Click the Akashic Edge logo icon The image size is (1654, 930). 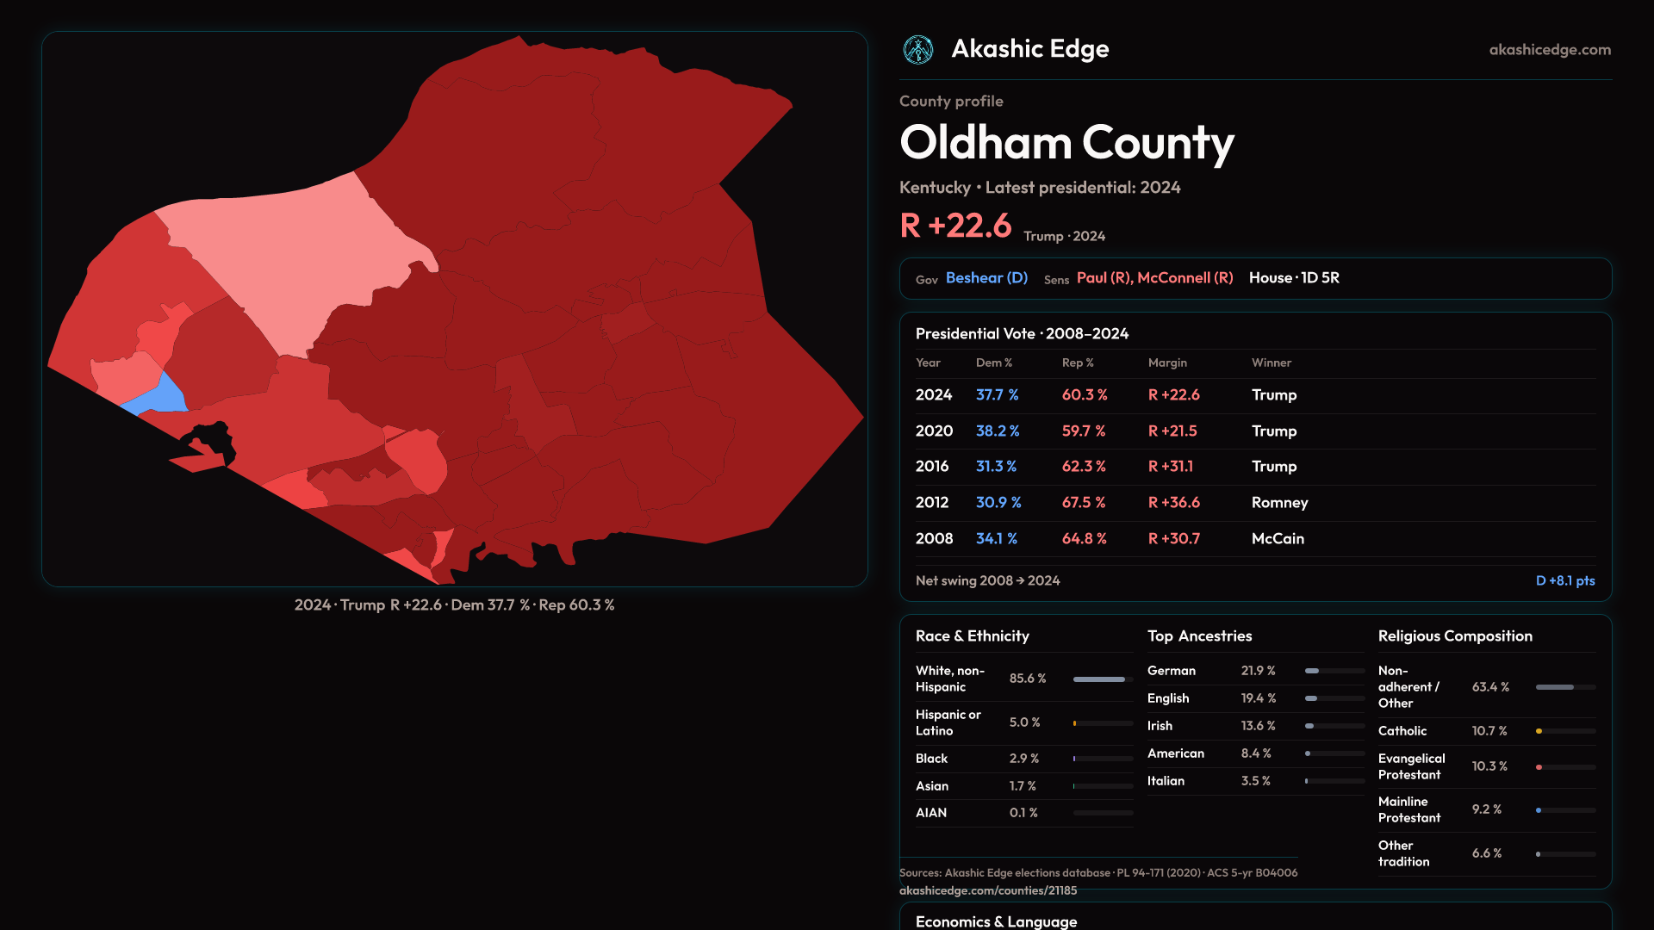point(917,50)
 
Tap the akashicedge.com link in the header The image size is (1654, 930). point(1550,50)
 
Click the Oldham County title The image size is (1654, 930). point(1066,142)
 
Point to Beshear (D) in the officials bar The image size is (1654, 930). point(986,278)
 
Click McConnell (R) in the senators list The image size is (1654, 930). point(1185,278)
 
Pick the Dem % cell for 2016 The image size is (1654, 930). point(996,467)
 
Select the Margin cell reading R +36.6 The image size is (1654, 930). point(1173,503)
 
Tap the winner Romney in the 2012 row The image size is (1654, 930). point(1279,503)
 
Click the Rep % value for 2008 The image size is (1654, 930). point(1084,539)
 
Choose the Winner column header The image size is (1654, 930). point(1271,363)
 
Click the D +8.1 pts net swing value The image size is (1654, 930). point(1564,581)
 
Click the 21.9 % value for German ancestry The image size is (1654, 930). point(1258,671)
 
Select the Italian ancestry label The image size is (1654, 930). point(1166,781)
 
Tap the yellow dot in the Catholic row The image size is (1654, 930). point(1539,731)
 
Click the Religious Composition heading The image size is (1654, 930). point(1455,636)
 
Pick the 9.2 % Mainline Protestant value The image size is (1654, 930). point(1486,809)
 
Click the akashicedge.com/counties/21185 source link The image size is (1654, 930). point(988,890)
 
